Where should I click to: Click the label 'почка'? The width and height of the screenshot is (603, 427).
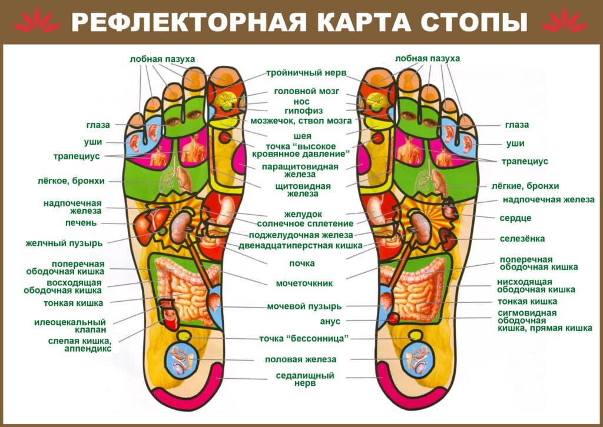point(302,263)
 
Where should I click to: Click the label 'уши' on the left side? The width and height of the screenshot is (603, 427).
point(92,142)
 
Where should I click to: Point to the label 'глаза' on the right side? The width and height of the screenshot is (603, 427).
point(516,125)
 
